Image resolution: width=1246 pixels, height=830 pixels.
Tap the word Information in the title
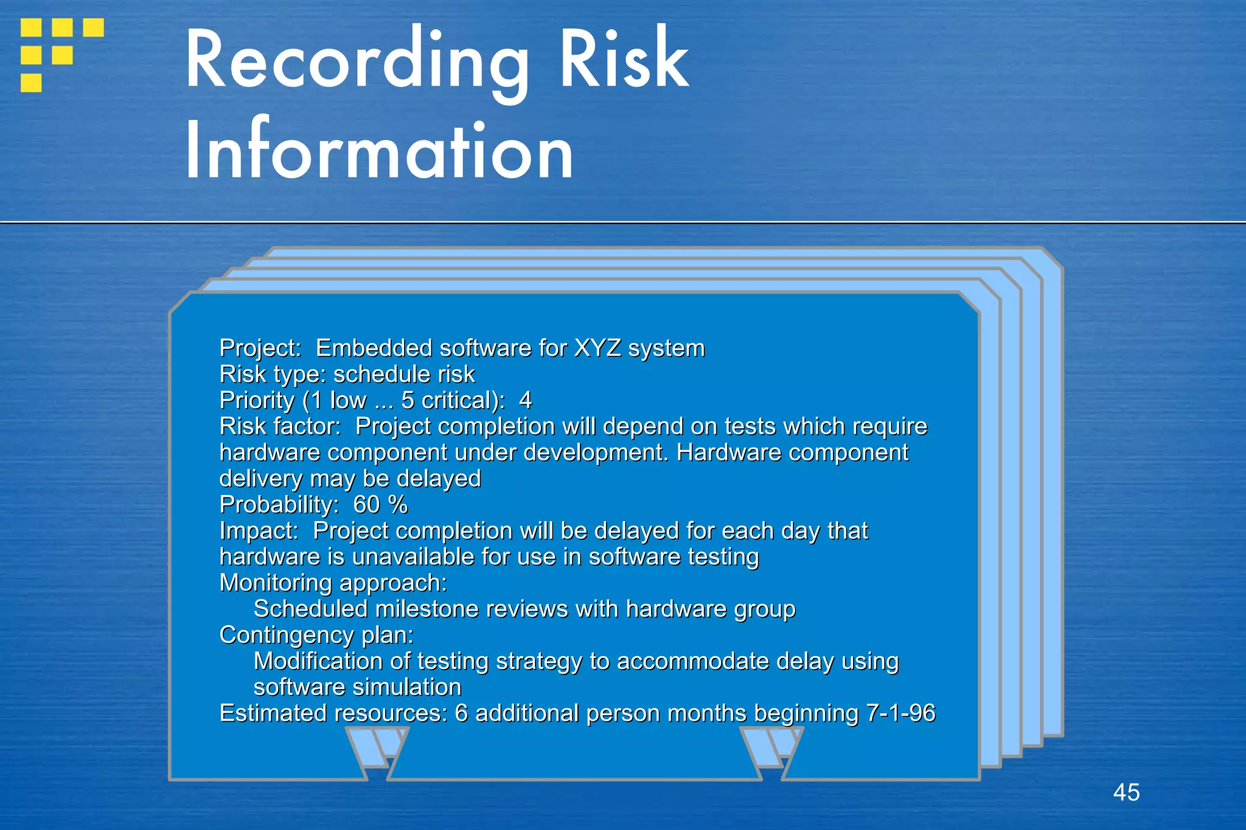coord(379,151)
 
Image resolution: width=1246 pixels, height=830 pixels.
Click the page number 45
coord(1126,792)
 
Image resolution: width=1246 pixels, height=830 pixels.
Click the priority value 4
coord(526,401)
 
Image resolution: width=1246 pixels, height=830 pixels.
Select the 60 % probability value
coord(380,505)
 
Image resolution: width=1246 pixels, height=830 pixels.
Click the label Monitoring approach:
coord(333,583)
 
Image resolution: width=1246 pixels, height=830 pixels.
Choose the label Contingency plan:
coord(316,635)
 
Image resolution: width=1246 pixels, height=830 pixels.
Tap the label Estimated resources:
coord(333,713)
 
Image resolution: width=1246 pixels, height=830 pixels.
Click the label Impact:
coord(259,531)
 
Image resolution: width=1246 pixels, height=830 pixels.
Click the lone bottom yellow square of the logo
coord(31,83)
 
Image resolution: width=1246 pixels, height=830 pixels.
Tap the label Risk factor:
coord(280,427)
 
